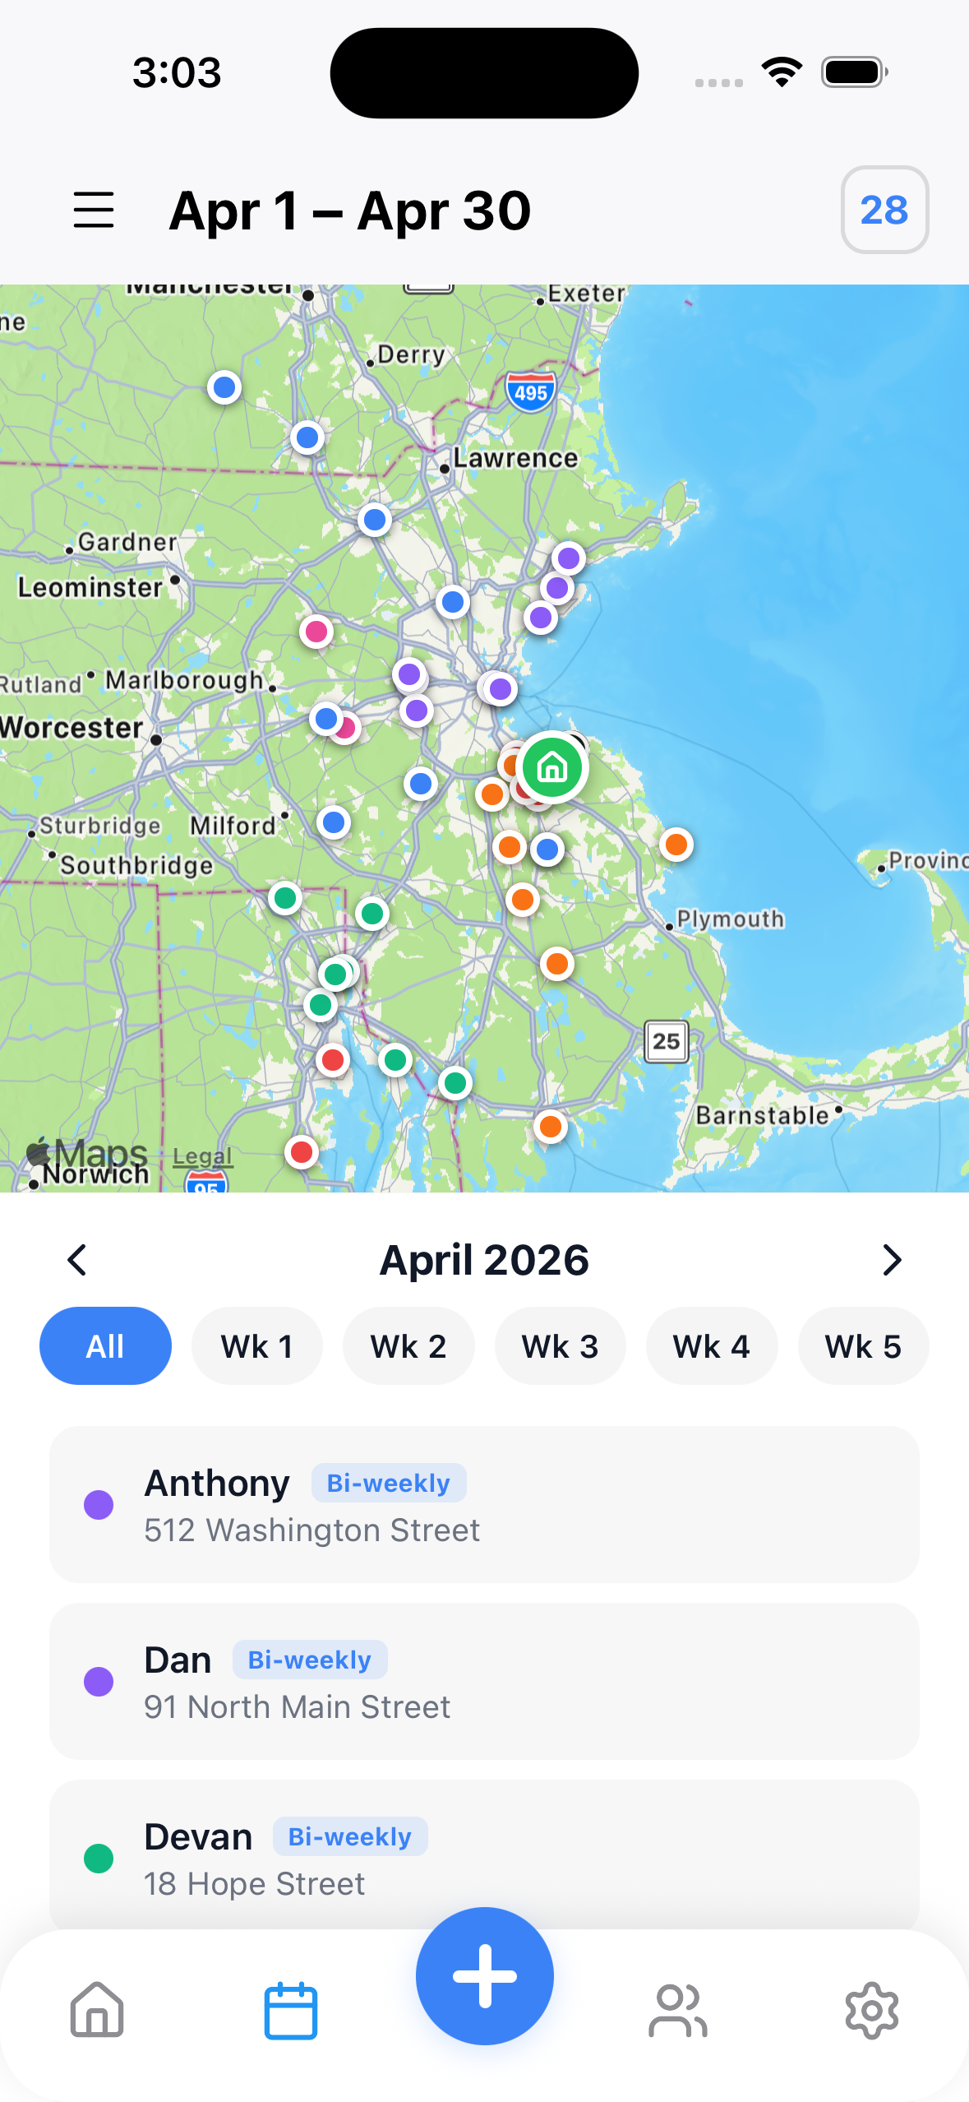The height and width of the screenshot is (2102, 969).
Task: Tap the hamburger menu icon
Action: (x=94, y=210)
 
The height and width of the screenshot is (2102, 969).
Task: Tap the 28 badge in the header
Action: (x=884, y=210)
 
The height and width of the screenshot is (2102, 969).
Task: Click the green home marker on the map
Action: (x=552, y=767)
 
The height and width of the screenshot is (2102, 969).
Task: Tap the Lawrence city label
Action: (x=515, y=458)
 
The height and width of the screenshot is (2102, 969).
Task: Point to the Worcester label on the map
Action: (x=72, y=728)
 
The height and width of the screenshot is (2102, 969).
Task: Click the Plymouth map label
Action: (x=730, y=919)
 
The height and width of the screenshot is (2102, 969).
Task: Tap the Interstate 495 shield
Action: (x=531, y=392)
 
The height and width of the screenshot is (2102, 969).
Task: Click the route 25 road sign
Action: (x=666, y=1041)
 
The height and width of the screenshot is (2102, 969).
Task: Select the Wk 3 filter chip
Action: (x=560, y=1346)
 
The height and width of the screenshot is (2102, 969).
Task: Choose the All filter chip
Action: (x=105, y=1346)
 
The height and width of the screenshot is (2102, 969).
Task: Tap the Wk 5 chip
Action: (x=863, y=1346)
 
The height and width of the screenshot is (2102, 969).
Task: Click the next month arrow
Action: (x=892, y=1260)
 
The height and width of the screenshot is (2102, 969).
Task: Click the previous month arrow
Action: (x=77, y=1260)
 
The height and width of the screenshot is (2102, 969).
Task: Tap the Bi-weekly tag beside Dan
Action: (x=310, y=1660)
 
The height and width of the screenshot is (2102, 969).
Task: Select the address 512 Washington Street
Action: (x=312, y=1530)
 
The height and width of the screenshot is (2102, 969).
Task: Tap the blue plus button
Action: (x=485, y=1975)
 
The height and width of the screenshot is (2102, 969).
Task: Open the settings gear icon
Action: (x=872, y=2011)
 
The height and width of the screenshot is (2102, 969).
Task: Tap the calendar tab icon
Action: (x=291, y=2011)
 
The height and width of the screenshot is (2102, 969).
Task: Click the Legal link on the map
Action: (x=202, y=1156)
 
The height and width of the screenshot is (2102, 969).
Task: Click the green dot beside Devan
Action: (x=99, y=1859)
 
